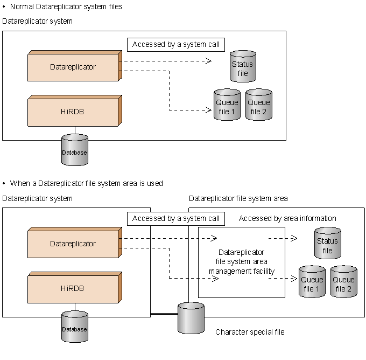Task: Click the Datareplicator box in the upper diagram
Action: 73,67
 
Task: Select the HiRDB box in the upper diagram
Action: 73,112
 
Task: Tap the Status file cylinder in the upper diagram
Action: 243,67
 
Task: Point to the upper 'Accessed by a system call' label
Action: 175,44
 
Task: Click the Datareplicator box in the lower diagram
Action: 73,244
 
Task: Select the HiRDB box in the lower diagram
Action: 73,288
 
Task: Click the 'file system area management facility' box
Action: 241,262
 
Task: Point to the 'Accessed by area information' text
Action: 287,218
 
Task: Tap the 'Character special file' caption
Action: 250,332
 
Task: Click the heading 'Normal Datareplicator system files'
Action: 66,7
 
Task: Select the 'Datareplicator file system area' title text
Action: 238,198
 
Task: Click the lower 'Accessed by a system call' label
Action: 175,218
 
